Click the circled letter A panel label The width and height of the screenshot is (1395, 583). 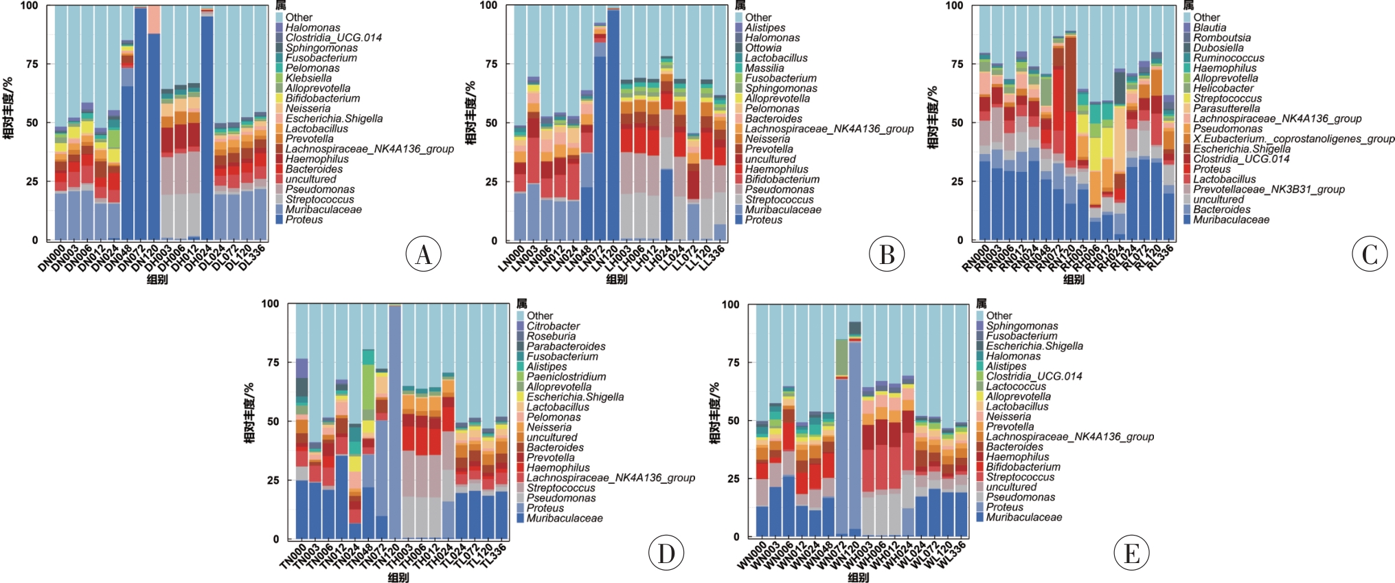click(423, 254)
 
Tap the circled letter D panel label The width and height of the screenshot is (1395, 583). click(666, 553)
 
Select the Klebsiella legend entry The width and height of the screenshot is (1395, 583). click(308, 78)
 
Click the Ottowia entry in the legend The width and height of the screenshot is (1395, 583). click(763, 48)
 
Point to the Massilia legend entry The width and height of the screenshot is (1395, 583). click(764, 68)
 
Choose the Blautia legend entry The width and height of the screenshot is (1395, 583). click(1210, 27)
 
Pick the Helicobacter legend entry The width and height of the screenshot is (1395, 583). click(1223, 89)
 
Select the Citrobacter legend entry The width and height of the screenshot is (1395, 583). click(553, 326)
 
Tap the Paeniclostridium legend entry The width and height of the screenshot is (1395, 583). click(566, 377)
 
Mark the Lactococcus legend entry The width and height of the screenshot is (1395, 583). click(1016, 386)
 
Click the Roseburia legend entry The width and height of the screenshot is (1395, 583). click(551, 336)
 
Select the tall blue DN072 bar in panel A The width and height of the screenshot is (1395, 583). click(141, 124)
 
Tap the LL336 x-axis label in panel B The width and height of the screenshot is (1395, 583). click(712, 259)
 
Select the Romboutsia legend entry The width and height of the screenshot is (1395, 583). click(1222, 38)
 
